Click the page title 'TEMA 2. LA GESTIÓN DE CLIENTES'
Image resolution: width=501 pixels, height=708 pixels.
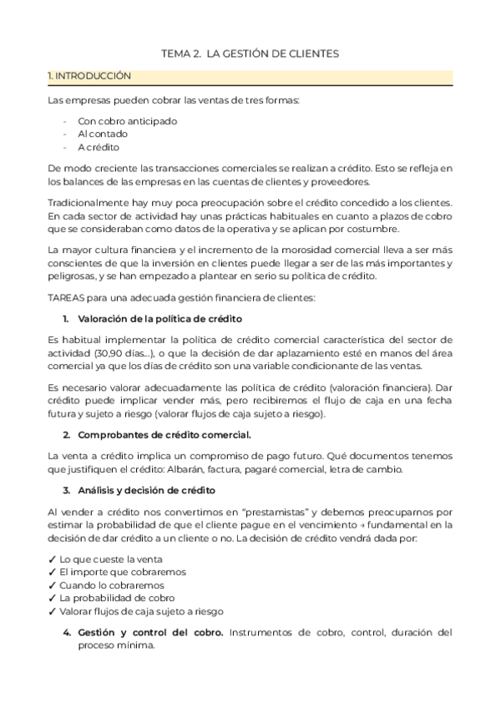[x=250, y=53]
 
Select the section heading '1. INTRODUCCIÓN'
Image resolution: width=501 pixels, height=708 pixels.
[x=89, y=76]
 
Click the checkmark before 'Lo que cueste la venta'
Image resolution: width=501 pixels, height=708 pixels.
[x=53, y=559]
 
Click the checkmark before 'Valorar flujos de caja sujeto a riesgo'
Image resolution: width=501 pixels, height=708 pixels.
[x=53, y=612]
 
